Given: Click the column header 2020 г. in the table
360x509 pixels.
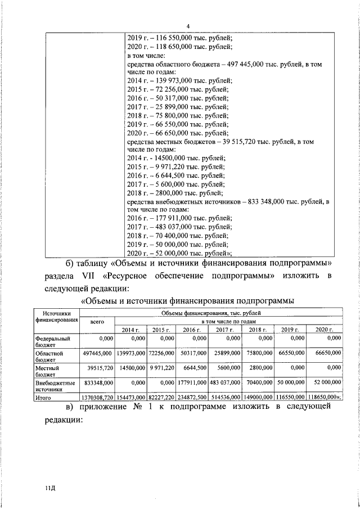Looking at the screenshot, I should click(x=325, y=330).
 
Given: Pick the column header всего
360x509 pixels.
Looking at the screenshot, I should click(x=97, y=321).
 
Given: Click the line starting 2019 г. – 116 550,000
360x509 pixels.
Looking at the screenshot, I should click(x=178, y=37).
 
